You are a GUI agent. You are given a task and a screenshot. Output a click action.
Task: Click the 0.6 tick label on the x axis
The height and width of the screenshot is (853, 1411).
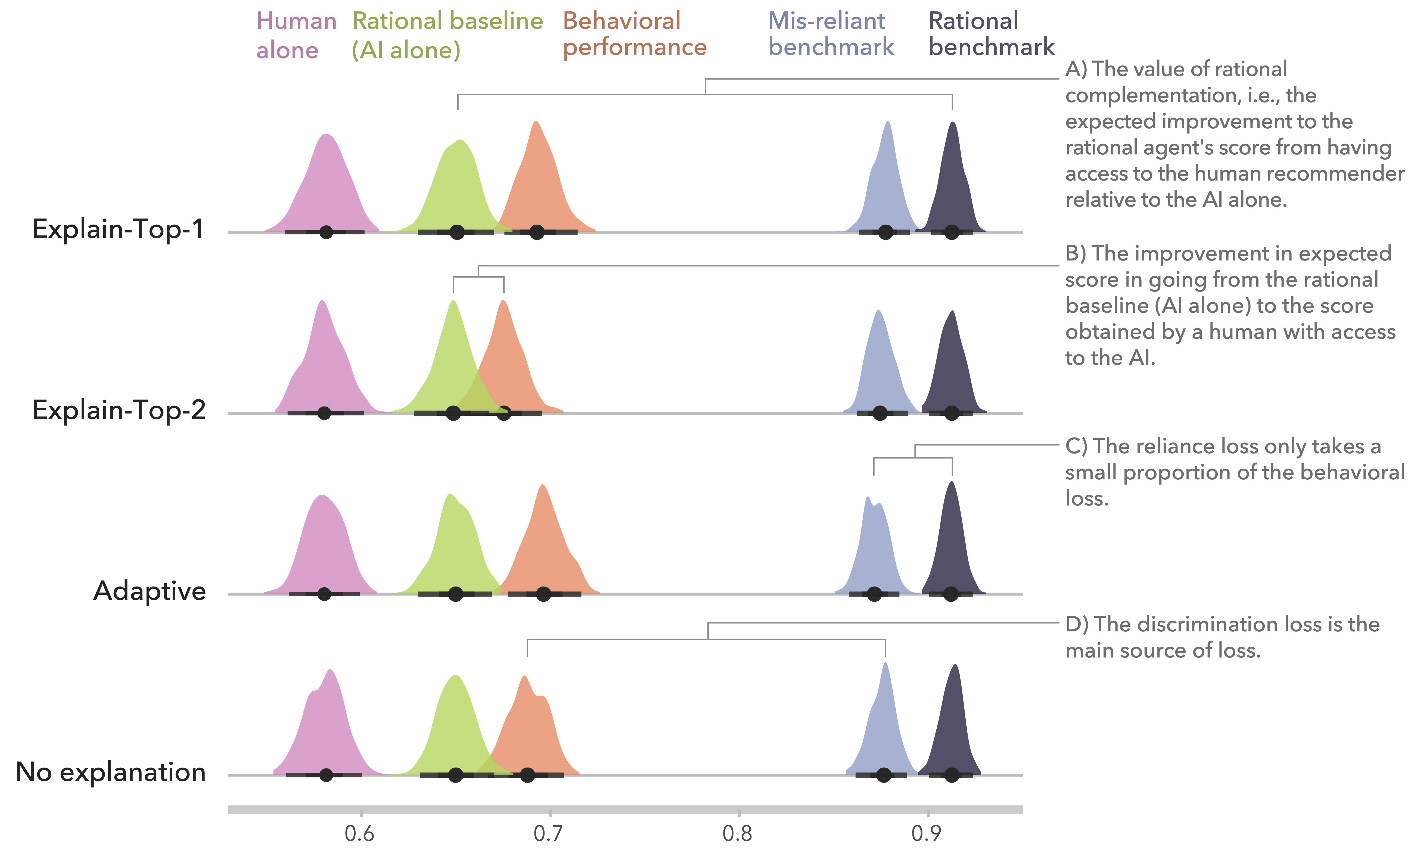point(360,833)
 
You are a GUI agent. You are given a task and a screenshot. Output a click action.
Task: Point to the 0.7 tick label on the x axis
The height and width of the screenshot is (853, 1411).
point(549,833)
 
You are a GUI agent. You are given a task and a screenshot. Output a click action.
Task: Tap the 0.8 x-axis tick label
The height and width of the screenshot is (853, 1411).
point(738,833)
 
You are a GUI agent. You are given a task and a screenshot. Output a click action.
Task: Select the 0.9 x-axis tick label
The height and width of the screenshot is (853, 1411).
point(927,833)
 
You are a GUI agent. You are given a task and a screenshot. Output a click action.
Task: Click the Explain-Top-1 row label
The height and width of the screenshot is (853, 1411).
point(118,229)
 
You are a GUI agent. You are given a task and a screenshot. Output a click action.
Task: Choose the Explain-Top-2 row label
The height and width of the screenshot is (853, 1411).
point(119,410)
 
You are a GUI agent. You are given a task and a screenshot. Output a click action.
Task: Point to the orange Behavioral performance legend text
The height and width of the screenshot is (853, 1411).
point(635,34)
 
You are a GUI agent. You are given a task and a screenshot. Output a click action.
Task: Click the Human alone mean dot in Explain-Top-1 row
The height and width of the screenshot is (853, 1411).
point(326,232)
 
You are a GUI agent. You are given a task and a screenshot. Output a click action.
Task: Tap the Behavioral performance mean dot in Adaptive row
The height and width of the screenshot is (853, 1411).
point(543,594)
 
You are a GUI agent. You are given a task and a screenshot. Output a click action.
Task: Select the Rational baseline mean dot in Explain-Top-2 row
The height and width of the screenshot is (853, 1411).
point(453,413)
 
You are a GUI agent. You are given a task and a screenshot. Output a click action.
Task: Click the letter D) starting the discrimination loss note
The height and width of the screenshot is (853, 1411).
point(1077,624)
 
